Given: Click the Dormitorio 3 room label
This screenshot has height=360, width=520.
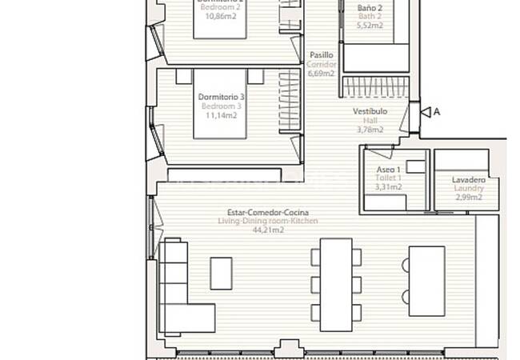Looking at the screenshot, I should tap(221, 97).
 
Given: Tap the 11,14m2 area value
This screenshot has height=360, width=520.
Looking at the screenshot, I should tap(221, 115).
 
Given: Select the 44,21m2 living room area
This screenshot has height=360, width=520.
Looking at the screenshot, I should tap(269, 230).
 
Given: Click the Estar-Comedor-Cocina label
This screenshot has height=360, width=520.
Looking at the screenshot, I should tap(269, 212).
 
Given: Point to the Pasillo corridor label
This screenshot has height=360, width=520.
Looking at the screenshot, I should tap(322, 55).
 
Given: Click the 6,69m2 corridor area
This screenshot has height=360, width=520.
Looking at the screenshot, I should tap(322, 74).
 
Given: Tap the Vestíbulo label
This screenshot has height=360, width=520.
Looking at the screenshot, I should tap(370, 111).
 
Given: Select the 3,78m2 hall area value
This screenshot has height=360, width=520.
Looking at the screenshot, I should tap(370, 130).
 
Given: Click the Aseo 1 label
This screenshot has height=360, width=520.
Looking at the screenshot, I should tap(389, 170).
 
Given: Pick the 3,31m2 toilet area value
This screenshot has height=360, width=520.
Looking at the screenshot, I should tap(389, 187).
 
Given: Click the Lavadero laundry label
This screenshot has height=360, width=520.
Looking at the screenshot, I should tap(468, 180).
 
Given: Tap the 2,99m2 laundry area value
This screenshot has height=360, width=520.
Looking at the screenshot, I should tap(468, 198).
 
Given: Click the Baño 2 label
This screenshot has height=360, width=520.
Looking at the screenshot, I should tap(370, 6).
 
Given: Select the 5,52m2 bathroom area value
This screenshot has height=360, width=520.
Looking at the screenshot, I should tap(370, 25).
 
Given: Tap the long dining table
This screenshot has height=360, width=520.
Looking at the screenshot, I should tap(336, 284).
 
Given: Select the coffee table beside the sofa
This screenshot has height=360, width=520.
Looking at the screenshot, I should tap(221, 273).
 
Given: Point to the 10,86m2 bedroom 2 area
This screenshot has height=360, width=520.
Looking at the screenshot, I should tap(221, 14).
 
